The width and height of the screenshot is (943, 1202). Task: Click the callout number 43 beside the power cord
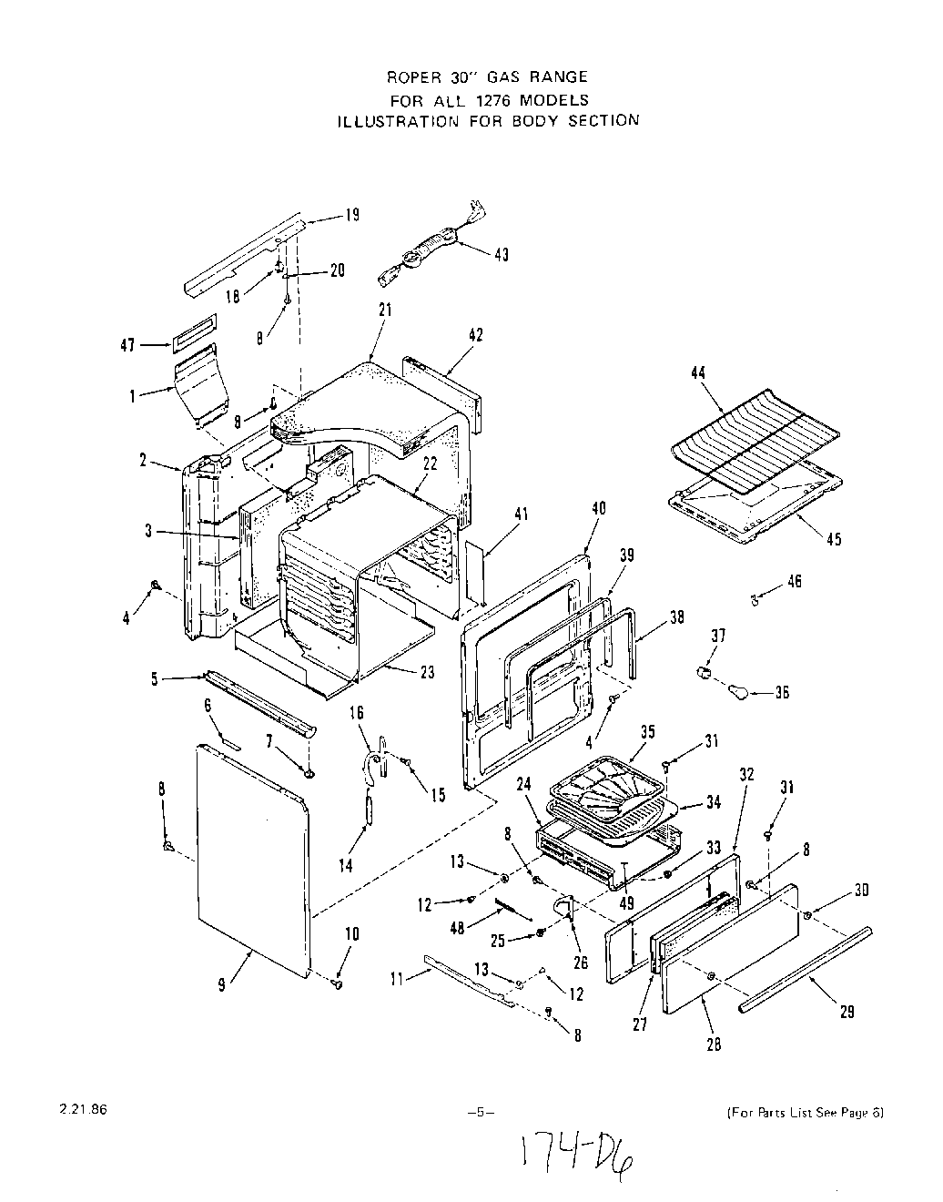coord(501,254)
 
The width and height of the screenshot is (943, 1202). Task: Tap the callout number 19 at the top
coord(351,215)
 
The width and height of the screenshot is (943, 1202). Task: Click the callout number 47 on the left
coord(127,345)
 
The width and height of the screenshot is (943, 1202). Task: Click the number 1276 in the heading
coord(488,99)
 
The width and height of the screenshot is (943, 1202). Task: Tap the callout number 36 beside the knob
coord(781,693)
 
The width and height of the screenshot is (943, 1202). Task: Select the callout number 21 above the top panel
coord(383,310)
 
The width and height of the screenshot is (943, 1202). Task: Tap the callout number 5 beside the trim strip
coord(155,677)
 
